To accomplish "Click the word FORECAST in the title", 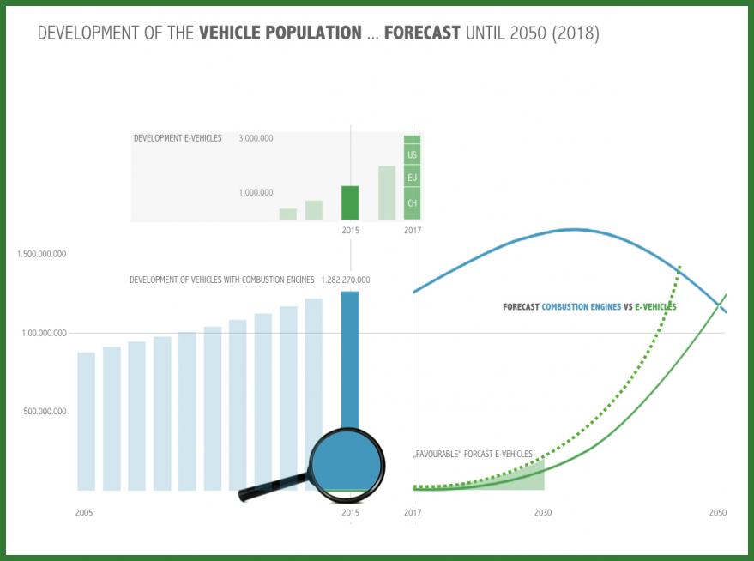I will [x=422, y=34].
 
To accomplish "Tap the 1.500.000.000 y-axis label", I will [x=42, y=255].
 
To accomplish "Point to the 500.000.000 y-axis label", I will [x=46, y=412].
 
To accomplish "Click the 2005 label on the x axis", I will [x=84, y=513].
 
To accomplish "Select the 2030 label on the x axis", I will [x=543, y=513].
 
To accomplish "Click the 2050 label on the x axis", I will [x=718, y=513].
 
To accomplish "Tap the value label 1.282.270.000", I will [x=346, y=280].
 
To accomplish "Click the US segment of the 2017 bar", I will [x=413, y=155].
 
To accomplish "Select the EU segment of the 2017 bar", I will [x=413, y=178].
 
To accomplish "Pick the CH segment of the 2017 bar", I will [x=413, y=203].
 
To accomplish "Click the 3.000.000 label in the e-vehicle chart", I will [x=256, y=138].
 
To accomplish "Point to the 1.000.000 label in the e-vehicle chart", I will [x=256, y=193].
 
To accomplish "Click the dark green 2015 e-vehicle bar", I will [x=350, y=203].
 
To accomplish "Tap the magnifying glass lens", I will [x=347, y=465].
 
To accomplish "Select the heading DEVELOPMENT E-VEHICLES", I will [x=178, y=138].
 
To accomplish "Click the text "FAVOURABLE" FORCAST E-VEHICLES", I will [x=473, y=454].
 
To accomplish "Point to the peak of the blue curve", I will [x=575, y=229].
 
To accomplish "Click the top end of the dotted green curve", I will [x=679, y=267].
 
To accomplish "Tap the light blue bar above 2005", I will [x=86, y=421].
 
